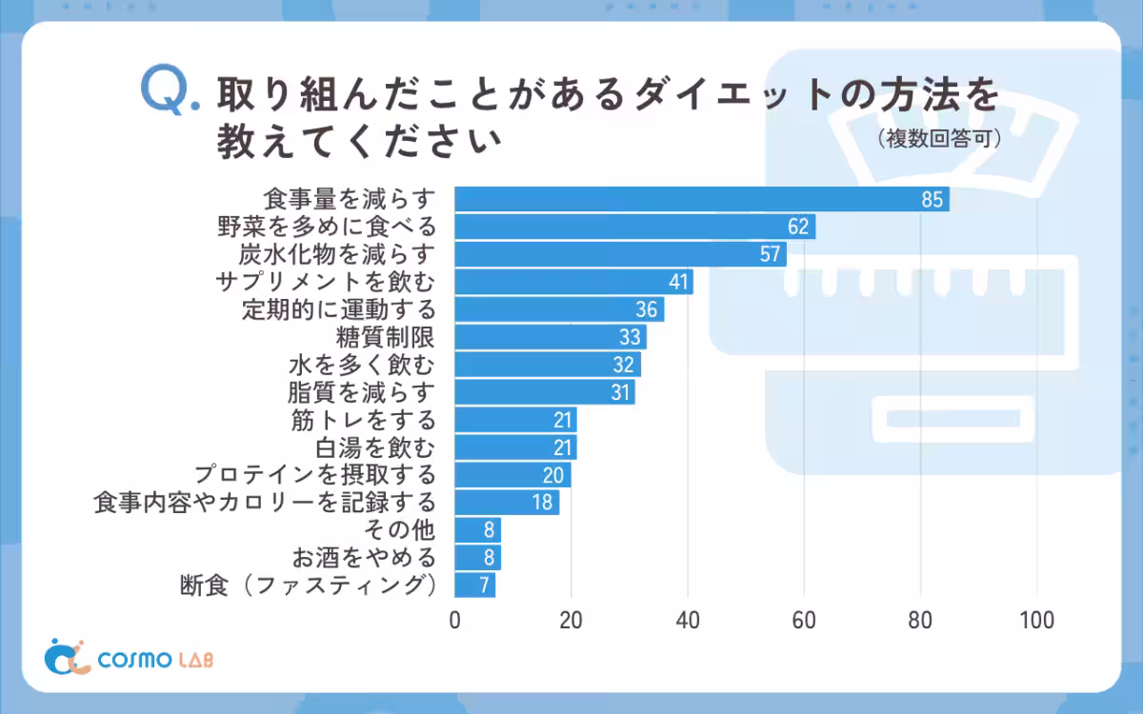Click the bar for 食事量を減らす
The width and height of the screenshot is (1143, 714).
[702, 199]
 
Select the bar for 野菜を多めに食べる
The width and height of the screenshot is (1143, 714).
[634, 227]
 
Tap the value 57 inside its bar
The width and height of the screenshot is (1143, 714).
[770, 254]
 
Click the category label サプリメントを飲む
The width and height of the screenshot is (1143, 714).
[326, 282]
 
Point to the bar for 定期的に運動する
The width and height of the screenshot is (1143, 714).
[559, 309]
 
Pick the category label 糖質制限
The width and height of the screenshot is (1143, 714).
[386, 337]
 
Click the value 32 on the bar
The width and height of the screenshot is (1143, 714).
[624, 365]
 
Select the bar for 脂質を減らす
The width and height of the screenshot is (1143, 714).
[545, 392]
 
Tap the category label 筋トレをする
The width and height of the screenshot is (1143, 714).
[363, 420]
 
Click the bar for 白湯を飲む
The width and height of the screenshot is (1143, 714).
[515, 447]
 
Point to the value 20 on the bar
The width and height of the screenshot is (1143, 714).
[553, 475]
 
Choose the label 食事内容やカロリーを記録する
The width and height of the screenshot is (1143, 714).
[265, 502]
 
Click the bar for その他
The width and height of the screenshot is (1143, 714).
[477, 529]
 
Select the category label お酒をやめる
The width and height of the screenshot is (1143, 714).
[364, 557]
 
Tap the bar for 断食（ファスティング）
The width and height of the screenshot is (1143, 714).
[474, 585]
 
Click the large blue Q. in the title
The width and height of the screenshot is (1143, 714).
[169, 93]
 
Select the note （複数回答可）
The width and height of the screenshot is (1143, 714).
[938, 140]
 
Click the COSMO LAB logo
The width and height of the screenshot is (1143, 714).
[130, 658]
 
